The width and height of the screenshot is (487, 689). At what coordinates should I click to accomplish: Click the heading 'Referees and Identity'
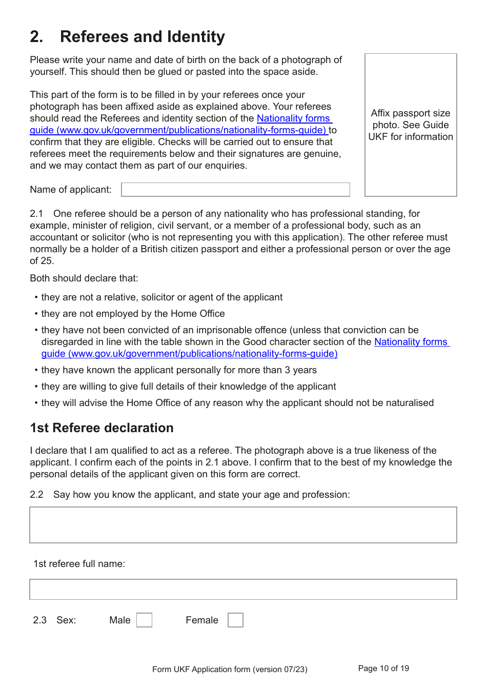point(142,37)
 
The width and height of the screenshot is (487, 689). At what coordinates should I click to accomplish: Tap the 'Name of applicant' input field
point(235,190)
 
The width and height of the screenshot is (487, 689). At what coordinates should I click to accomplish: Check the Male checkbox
point(144,620)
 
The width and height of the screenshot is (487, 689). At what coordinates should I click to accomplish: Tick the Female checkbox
point(235,620)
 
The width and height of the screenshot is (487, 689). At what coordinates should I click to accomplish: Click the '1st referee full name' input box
point(243,590)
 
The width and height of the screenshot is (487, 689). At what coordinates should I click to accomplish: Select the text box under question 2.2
point(243,525)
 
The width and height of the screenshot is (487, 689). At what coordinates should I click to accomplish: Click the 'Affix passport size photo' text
point(411,125)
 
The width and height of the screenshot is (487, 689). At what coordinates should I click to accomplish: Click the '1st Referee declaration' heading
point(102,428)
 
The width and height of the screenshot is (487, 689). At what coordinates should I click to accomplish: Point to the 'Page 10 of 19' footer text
point(383,668)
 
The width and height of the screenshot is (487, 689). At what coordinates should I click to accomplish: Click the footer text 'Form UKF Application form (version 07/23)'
point(230,670)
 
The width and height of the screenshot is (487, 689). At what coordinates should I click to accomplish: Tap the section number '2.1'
point(36,214)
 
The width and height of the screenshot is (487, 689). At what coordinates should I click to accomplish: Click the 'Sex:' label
point(66,620)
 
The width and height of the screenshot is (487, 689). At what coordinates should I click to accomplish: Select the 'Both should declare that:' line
point(84,278)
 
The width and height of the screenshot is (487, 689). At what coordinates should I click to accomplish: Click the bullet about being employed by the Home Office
point(133,314)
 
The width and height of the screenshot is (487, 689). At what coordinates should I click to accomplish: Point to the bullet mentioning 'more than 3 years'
point(179,370)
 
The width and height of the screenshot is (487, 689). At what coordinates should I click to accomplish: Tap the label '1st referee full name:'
point(79,564)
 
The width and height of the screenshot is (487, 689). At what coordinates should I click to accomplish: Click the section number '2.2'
point(36,495)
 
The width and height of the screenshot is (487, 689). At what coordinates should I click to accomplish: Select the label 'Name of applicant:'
point(71,190)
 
